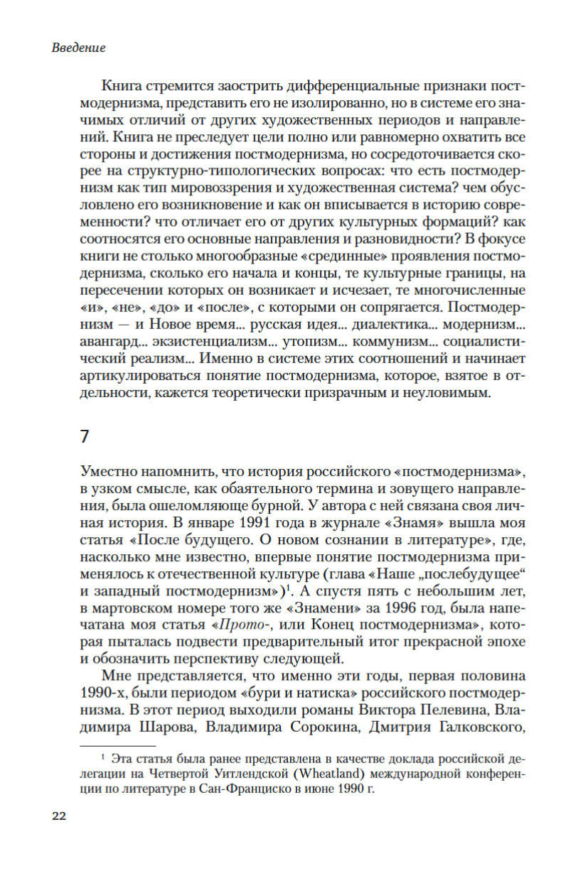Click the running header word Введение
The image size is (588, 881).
[79, 48]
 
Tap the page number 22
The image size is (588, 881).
[58, 816]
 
